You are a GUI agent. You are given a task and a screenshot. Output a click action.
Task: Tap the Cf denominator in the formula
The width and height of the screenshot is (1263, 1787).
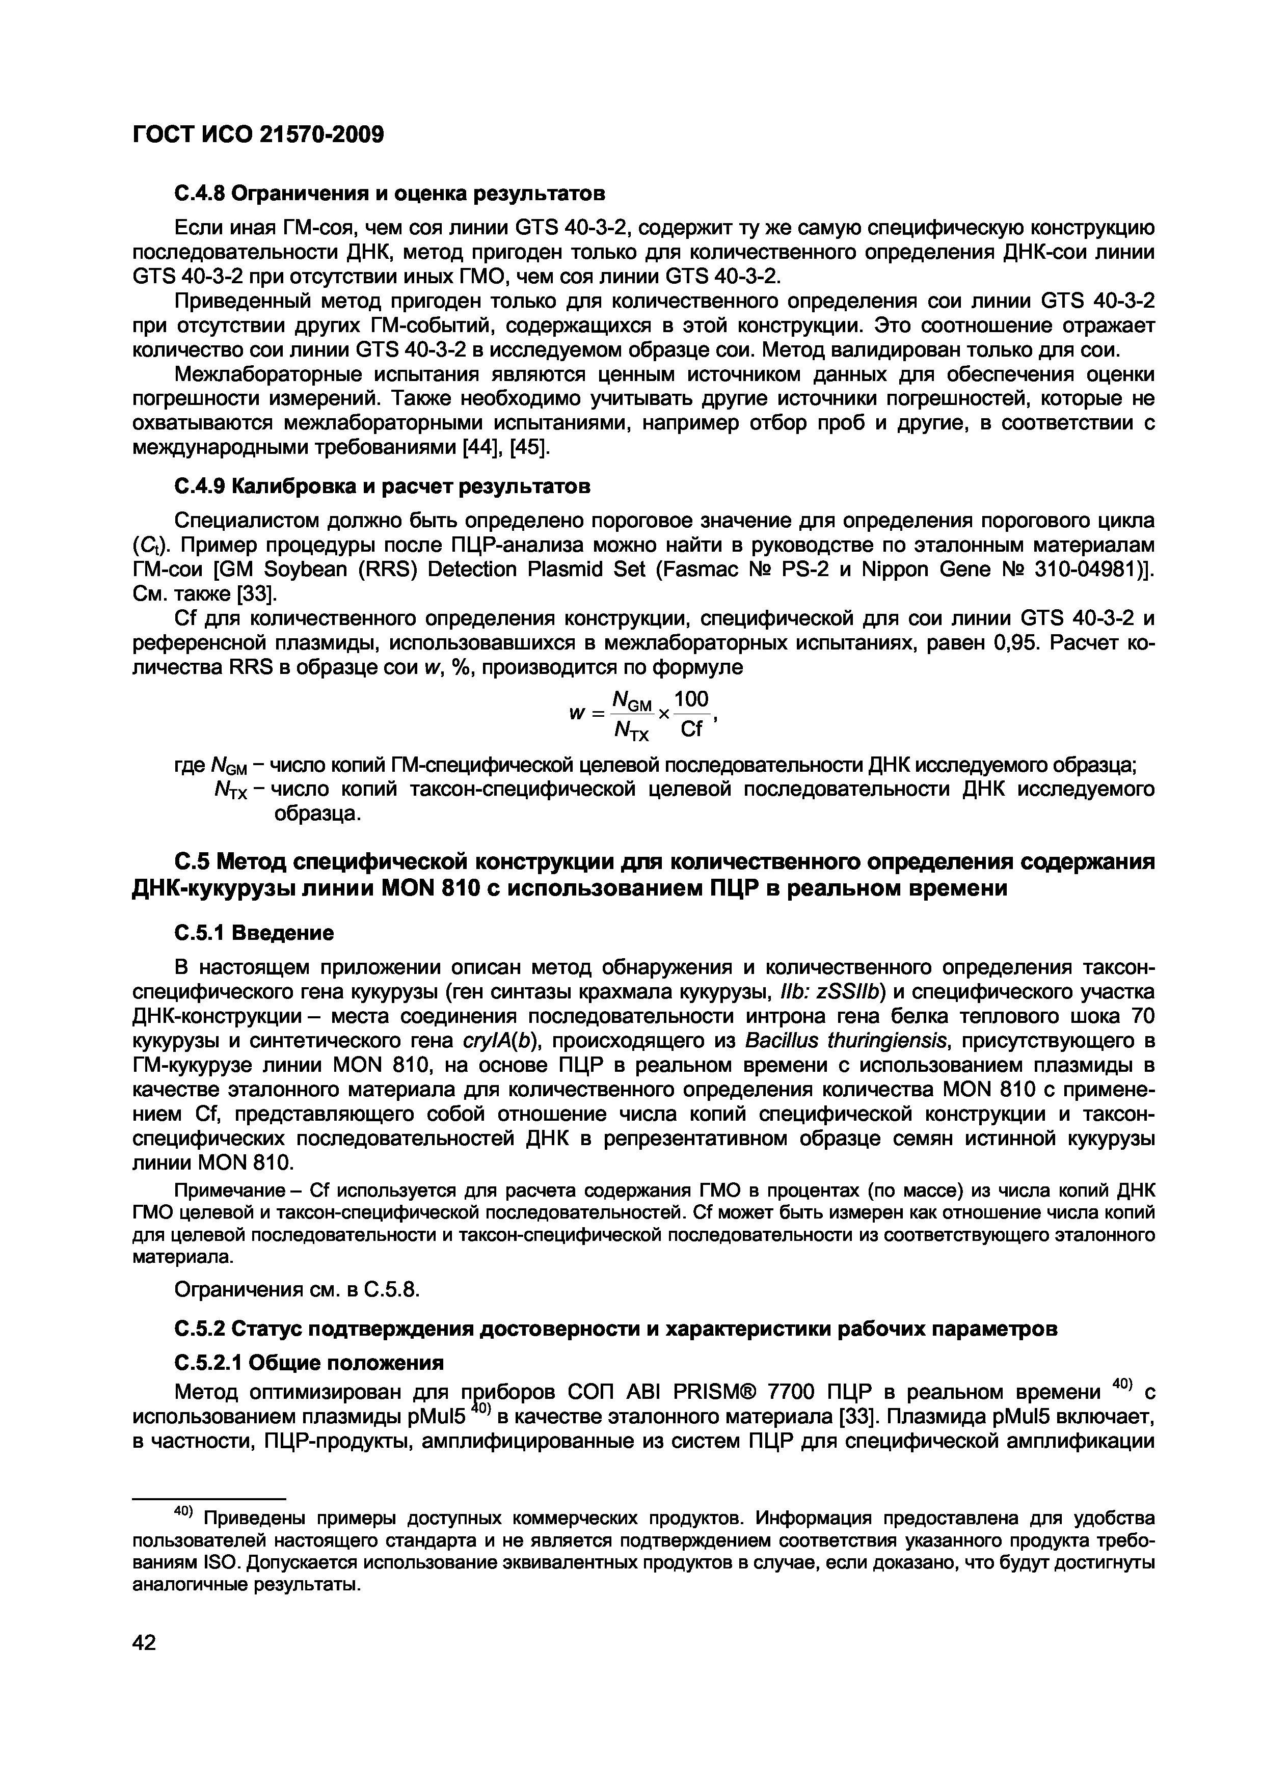691,729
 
